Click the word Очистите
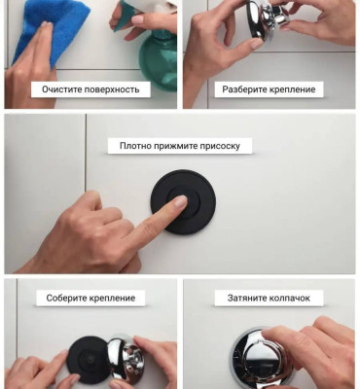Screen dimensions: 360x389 pyautogui.click(x=62, y=89)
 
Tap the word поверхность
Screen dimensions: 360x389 pyautogui.click(x=112, y=89)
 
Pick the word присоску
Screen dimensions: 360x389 pyautogui.click(x=219, y=147)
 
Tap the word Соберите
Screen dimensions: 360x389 pyautogui.click(x=66, y=298)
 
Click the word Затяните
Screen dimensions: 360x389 pyautogui.click(x=245, y=298)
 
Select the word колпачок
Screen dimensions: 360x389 pyautogui.click(x=288, y=298)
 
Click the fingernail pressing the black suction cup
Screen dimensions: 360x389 pyautogui.click(x=181, y=201)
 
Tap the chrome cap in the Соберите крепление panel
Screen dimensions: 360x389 pyautogui.click(x=125, y=360)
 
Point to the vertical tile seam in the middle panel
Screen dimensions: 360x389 pyautogui.click(x=86, y=153)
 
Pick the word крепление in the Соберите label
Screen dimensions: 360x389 pyautogui.click(x=112, y=299)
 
